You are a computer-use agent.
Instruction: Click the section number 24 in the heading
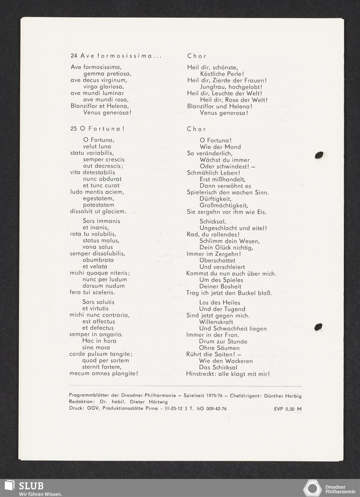[x=74, y=56]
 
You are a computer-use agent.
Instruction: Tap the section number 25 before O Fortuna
[x=74, y=129]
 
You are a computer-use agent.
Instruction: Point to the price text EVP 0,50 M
[x=288, y=409]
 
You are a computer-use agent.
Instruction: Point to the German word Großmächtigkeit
[x=223, y=205]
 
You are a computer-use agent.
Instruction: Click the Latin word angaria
[x=111, y=334]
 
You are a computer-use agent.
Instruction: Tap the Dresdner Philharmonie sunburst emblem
[x=312, y=488]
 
